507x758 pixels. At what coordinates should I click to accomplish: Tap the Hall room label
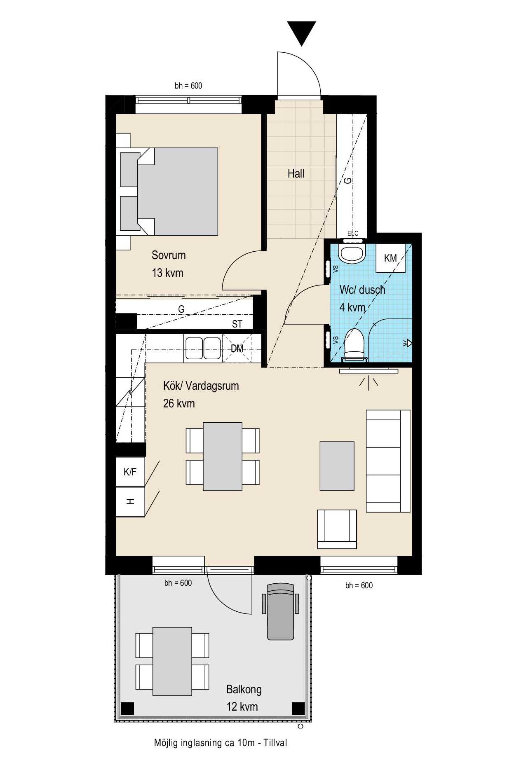click(x=296, y=173)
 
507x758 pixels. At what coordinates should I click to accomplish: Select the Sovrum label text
click(x=169, y=255)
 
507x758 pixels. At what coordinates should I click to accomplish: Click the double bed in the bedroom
click(x=169, y=192)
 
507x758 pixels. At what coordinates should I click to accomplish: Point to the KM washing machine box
click(x=390, y=258)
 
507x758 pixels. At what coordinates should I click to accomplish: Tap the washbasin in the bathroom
click(x=352, y=253)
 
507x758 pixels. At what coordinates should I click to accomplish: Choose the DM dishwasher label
click(x=237, y=348)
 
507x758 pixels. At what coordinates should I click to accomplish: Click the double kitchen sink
click(x=203, y=348)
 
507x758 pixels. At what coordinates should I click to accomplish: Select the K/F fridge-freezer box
click(x=130, y=472)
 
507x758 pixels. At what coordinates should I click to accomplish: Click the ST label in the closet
click(x=237, y=324)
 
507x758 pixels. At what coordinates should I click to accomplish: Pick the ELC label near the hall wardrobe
click(x=353, y=234)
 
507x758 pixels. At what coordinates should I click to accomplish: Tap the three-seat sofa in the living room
click(x=388, y=461)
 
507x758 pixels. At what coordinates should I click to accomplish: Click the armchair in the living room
click(x=337, y=529)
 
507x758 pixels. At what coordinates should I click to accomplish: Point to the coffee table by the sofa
click(x=337, y=466)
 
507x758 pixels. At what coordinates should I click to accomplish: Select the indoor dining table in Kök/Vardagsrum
click(x=223, y=456)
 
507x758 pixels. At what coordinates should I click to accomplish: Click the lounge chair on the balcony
click(x=280, y=611)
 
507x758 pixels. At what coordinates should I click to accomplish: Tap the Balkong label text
click(x=244, y=689)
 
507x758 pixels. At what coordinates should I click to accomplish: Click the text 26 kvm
click(x=179, y=403)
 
